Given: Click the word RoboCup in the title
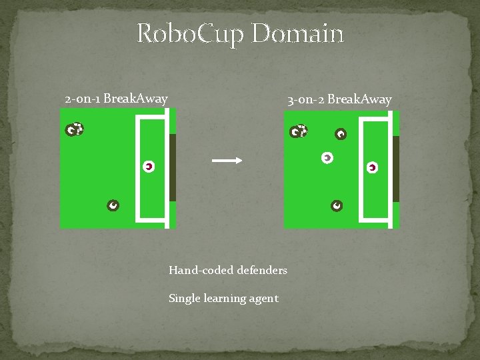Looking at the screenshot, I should pos(191,34).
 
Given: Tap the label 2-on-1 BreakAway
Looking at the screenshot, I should pos(116,99).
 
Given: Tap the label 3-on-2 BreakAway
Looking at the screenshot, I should pos(339,100).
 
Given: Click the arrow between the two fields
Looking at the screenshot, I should pos(226,160).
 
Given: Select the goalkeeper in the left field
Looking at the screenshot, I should pos(149,167).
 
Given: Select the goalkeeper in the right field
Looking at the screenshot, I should pos(372,167).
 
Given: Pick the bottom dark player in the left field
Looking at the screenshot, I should pos(113,205).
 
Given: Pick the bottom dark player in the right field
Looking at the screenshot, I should pos(337,205).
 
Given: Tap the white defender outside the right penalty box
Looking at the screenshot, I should pos(327,158).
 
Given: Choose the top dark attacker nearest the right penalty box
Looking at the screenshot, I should pos(341,135).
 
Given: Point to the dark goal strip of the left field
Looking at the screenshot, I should pos(172,167).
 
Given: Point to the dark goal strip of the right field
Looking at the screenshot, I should pos(395,168).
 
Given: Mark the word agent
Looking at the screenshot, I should pos(264,299).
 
